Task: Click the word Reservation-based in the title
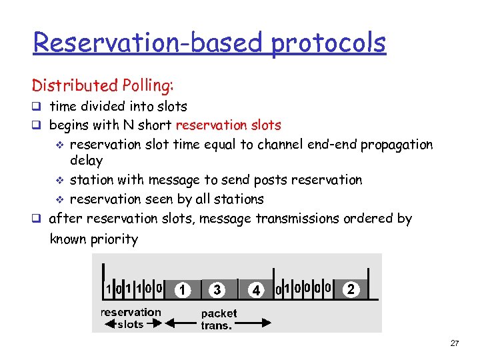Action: pyautogui.click(x=150, y=43)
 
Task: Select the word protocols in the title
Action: pyautogui.click(x=328, y=43)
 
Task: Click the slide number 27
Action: pyautogui.click(x=454, y=343)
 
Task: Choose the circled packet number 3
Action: pyautogui.click(x=217, y=290)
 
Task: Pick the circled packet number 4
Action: pyautogui.click(x=256, y=291)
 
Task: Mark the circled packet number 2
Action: pyautogui.click(x=351, y=289)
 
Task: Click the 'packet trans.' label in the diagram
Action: pyautogui.click(x=219, y=319)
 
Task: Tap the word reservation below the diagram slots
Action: pyautogui.click(x=131, y=312)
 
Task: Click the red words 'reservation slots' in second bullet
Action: pyautogui.click(x=229, y=125)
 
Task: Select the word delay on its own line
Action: pyautogui.click(x=86, y=161)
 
